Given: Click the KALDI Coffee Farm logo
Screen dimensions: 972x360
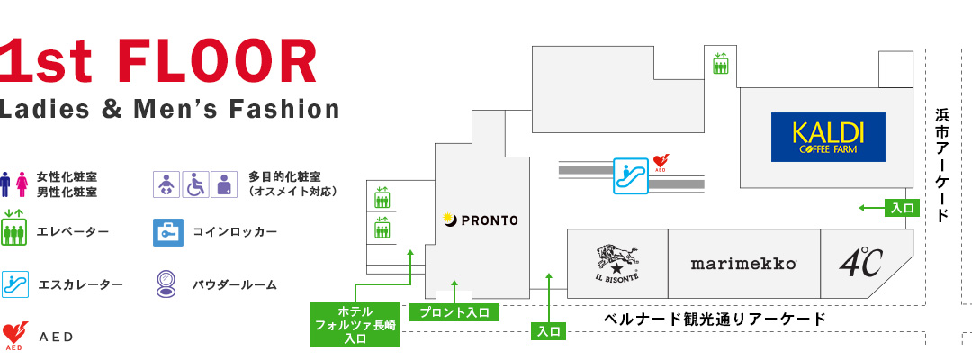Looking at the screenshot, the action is pyautogui.click(x=828, y=137).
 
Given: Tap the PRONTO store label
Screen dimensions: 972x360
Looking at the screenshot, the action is pyautogui.click(x=481, y=220).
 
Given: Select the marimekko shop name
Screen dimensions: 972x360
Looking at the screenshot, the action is pyautogui.click(x=743, y=264).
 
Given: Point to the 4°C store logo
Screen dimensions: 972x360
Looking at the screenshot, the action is pyautogui.click(x=860, y=263).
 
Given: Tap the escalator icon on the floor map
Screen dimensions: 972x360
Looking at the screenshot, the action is pyautogui.click(x=630, y=176).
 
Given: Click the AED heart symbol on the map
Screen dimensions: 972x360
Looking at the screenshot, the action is pyautogui.click(x=661, y=163).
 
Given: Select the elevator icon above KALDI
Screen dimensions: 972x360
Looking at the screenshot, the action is pyautogui.click(x=720, y=63).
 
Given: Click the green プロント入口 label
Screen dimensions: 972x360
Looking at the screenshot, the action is pyautogui.click(x=454, y=312).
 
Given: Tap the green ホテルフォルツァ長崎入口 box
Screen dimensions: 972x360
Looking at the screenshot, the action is pyautogui.click(x=355, y=325).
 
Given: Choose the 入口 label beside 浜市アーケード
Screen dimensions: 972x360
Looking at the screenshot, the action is pyautogui.click(x=904, y=208).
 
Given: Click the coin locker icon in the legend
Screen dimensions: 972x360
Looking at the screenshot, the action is pyautogui.click(x=168, y=232).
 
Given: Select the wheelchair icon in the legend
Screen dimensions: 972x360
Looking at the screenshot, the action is pyautogui.click(x=196, y=184).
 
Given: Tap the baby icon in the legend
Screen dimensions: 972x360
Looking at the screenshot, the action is pyautogui.click(x=166, y=184).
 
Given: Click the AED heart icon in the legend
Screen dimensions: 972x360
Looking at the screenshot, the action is pyautogui.click(x=14, y=336).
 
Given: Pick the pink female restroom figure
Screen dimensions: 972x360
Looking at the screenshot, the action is pyautogui.click(x=22, y=184).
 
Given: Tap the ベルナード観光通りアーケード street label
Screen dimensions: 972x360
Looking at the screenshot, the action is pyautogui.click(x=715, y=319).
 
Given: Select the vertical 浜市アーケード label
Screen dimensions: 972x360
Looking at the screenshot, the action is pyautogui.click(x=942, y=165).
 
